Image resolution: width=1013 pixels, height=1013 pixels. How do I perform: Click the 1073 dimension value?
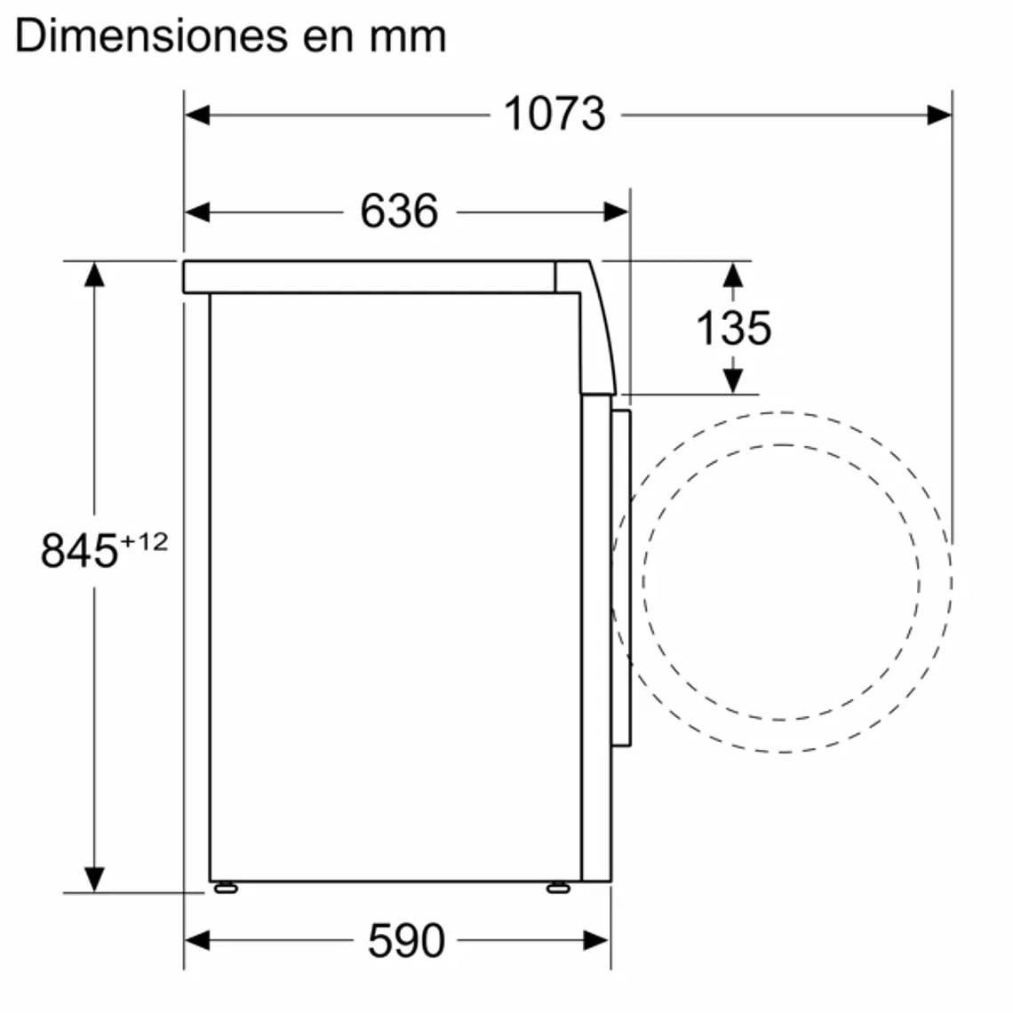point(554,115)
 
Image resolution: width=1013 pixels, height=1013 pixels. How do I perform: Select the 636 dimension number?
point(399,211)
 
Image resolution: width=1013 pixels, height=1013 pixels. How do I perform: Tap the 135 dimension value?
point(733,328)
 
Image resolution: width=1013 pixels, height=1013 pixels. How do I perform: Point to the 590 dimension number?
point(405,941)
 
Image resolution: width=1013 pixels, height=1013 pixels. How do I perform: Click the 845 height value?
point(79,551)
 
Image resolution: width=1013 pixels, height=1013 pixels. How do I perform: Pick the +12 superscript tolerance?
point(144,541)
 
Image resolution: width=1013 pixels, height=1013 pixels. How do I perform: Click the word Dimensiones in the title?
point(142,36)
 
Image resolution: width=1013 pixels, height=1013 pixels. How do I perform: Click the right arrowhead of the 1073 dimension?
point(939,115)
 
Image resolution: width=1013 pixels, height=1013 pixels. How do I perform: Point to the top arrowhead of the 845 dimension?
point(94,275)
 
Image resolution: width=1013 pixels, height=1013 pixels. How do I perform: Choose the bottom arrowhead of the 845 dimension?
point(94,879)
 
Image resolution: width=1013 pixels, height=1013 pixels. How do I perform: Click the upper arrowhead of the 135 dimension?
point(732,275)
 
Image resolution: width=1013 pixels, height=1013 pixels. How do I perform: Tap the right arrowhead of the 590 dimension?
point(597,940)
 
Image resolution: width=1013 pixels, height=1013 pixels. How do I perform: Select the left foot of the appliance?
point(225,887)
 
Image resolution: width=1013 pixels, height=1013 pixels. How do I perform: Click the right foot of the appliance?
point(558,887)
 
